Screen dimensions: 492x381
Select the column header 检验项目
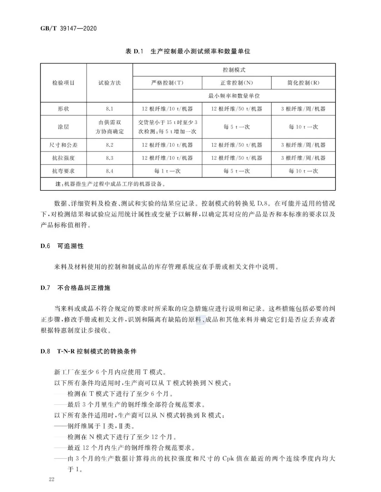pos(64,83)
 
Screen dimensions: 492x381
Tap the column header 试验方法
pos(109,83)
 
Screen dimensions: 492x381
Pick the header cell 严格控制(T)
pos(167,83)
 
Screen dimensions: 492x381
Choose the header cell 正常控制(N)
pos(237,83)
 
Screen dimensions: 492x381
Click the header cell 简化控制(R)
pos(303,83)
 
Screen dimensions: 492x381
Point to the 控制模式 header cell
pos(234,70)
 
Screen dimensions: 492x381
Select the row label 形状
pos(64,109)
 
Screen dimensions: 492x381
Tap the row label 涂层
pos(64,127)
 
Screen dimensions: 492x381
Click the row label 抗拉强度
pos(64,158)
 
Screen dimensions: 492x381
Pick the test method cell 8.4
pos(109,171)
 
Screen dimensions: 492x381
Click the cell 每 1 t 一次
pos(167,171)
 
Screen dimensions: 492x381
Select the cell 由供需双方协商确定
pos(109,127)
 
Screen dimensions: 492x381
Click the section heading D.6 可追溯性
pos(62,246)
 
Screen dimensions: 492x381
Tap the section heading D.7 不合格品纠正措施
pos(75,288)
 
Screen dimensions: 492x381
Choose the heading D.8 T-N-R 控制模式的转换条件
pos(89,351)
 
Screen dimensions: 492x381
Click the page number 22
pos(52,479)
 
